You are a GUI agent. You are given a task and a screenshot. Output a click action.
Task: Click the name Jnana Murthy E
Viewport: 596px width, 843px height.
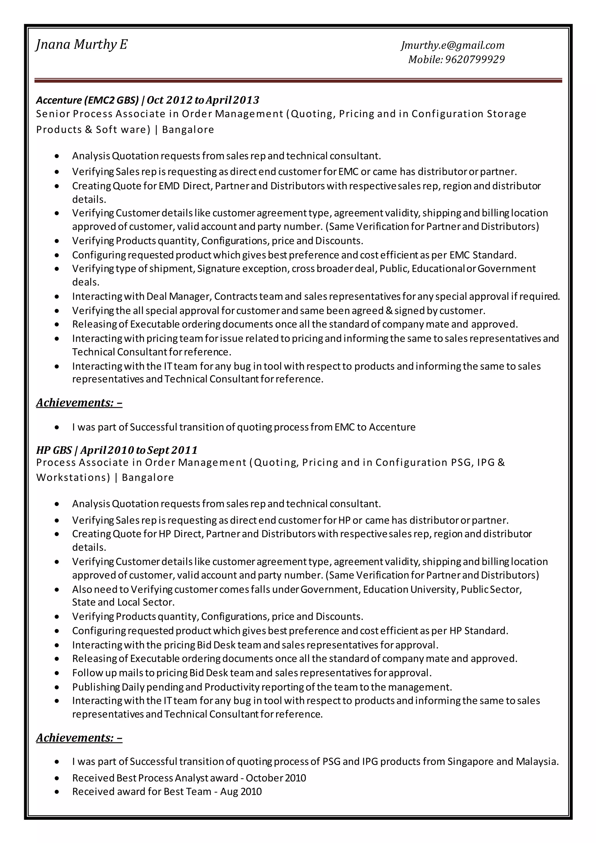[x=81, y=45]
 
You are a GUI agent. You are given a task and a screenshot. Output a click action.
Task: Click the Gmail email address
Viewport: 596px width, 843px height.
[x=453, y=45]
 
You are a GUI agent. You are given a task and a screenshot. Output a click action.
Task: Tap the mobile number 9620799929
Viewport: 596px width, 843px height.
[x=475, y=59]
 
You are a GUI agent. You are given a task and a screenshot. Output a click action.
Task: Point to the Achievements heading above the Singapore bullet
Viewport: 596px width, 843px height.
[x=79, y=738]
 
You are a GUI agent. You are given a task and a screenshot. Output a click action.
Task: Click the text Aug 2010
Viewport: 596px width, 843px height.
[x=241, y=791]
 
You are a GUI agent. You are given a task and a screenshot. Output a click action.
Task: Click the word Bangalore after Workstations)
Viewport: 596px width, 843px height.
[x=148, y=477]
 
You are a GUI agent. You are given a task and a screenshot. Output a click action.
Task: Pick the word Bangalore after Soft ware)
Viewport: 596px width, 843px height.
[x=188, y=130]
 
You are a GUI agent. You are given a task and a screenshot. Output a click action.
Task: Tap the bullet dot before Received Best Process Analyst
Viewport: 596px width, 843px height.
[x=56, y=778]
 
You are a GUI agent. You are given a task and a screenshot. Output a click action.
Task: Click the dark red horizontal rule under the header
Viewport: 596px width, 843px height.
[x=298, y=80]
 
